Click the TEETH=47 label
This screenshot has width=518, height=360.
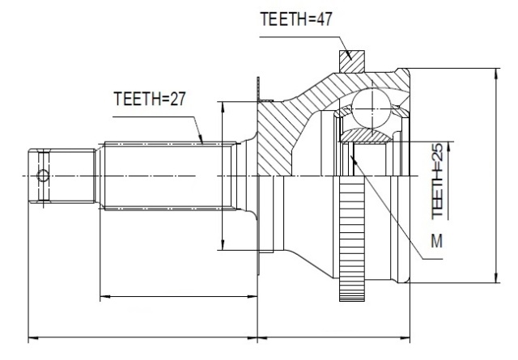click(x=295, y=19)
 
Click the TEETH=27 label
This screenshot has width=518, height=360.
click(x=149, y=99)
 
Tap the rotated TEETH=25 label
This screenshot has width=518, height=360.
click(x=437, y=180)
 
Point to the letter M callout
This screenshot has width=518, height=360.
click(x=437, y=241)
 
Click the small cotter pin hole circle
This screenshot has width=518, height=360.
click(x=43, y=176)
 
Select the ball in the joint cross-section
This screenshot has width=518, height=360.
click(x=371, y=108)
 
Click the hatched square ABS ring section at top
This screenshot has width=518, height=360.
click(x=352, y=61)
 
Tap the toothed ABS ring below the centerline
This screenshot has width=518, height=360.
click(x=352, y=239)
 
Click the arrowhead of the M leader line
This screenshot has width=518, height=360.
click(x=353, y=159)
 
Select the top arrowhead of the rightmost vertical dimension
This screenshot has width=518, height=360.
click(x=496, y=74)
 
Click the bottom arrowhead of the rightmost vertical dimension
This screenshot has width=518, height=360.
click(x=496, y=277)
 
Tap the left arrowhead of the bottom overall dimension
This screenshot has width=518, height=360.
click(x=34, y=338)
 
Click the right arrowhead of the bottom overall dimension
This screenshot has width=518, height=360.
click(x=405, y=338)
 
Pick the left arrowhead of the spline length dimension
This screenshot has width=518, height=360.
click(x=105, y=297)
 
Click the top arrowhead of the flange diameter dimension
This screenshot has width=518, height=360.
click(x=223, y=108)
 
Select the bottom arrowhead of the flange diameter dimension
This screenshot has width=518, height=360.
click(x=223, y=244)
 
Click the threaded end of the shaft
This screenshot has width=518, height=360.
click(x=62, y=176)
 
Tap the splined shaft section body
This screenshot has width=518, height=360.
click(x=168, y=176)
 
